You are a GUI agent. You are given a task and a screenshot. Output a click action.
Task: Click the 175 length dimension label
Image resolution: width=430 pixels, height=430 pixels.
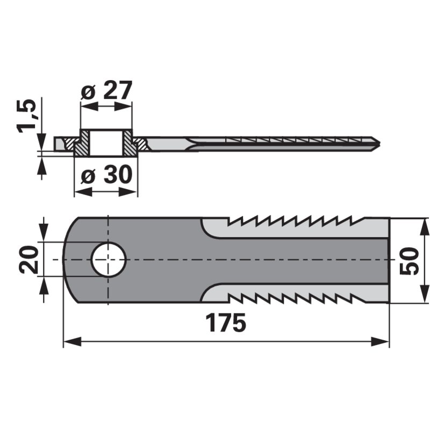pyautogui.click(x=226, y=323)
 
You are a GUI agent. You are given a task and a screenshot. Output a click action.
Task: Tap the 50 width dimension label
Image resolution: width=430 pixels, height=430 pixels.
pyautogui.click(x=410, y=261)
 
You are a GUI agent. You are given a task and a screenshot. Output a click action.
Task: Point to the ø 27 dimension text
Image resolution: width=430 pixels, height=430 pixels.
pyautogui.click(x=106, y=91)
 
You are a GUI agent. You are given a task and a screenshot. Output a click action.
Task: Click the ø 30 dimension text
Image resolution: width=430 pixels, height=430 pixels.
pyautogui.click(x=106, y=176)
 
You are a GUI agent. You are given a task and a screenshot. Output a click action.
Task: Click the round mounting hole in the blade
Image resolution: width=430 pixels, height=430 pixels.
pyautogui.click(x=109, y=260)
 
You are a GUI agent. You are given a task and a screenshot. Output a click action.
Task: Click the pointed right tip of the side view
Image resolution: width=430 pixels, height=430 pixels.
pyautogui.click(x=379, y=144)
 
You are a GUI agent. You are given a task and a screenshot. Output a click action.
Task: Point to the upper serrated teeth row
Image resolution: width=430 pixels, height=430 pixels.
pyautogui.click(x=290, y=221)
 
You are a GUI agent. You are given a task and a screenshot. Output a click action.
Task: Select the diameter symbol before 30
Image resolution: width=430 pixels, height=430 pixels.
pyautogui.click(x=86, y=176)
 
